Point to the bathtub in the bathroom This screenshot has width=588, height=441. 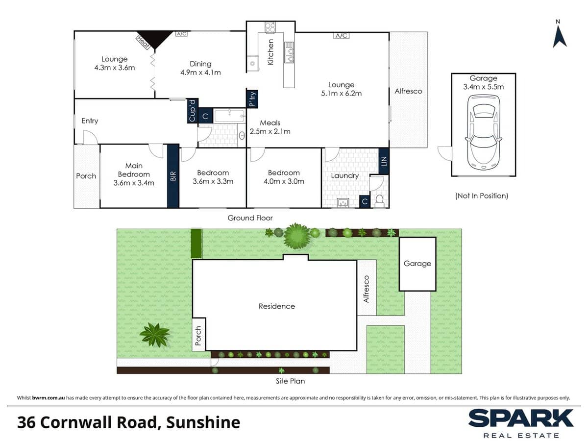pos(229,116)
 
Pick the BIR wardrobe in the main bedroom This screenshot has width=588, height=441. pos(172,176)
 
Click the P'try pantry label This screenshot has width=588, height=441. pos(252,99)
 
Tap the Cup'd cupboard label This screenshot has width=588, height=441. pos(192,111)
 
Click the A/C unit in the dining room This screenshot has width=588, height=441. pos(181,34)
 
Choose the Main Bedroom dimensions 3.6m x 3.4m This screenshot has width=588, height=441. pos(134,183)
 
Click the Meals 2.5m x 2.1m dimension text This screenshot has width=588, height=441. pos(270,131)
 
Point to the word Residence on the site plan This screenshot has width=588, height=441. pos(277,306)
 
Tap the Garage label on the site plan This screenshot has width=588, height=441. pos(417,264)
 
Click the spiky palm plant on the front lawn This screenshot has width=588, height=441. pos(154,335)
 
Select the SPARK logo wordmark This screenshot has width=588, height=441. pos(521,418)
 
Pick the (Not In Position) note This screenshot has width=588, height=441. pos(482,196)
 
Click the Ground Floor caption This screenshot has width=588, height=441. pos(250,218)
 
